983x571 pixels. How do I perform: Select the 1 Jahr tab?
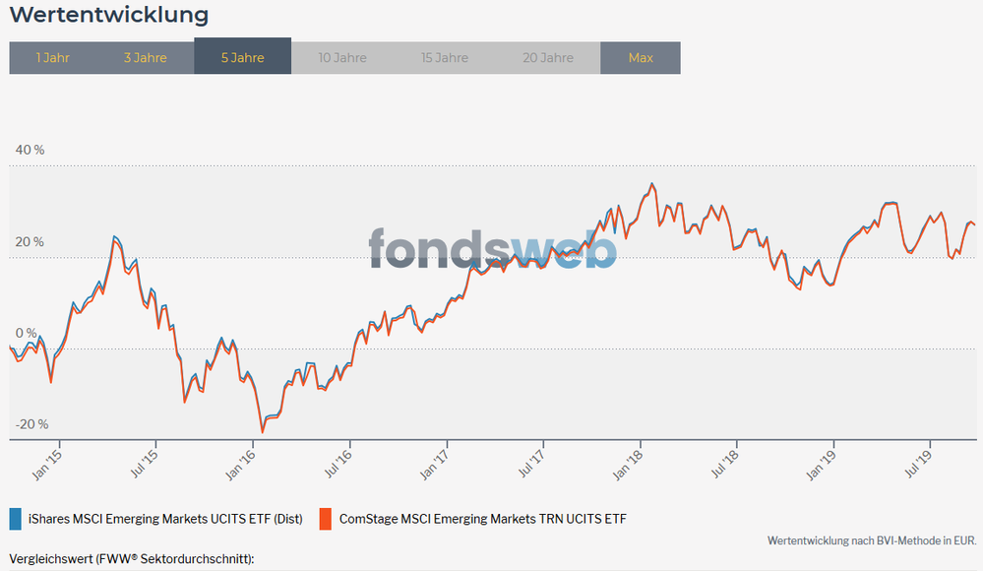coord(52,58)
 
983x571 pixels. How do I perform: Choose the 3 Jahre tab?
coord(145,58)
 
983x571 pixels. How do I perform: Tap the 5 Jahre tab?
coord(242,58)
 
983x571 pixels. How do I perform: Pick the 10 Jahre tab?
coord(342,58)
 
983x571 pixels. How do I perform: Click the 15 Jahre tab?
coord(445,58)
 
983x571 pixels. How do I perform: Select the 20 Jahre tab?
coord(548,58)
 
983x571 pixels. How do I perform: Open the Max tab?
coord(641,58)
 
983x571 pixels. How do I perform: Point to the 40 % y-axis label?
coord(30,150)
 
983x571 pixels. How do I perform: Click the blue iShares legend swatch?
coord(15,518)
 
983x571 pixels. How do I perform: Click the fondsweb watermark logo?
coord(492,248)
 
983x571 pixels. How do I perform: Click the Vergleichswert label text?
coord(132,559)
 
